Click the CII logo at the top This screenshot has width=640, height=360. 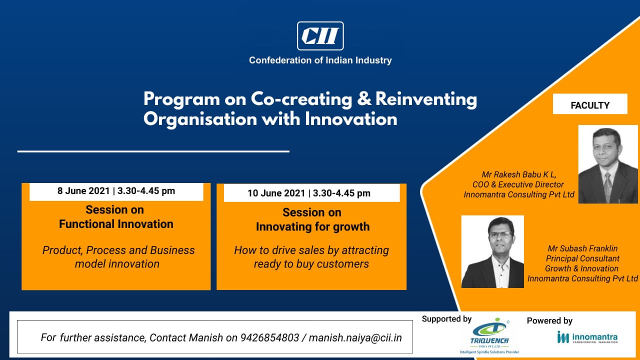click(x=320, y=36)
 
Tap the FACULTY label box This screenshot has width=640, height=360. click(x=590, y=104)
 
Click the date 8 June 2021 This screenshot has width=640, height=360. click(x=83, y=191)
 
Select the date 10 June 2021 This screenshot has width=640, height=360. click(x=276, y=193)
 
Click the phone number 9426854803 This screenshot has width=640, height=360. click(x=269, y=337)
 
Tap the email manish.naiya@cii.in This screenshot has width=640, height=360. click(x=355, y=338)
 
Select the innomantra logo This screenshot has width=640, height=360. click(x=587, y=337)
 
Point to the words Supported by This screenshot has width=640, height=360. click(x=446, y=319)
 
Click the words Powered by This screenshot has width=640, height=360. click(x=549, y=321)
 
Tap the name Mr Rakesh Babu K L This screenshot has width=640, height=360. click(x=519, y=174)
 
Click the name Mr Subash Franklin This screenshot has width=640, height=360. click(x=582, y=248)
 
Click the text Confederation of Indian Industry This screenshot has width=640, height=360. click(x=320, y=60)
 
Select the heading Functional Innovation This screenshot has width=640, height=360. click(x=116, y=224)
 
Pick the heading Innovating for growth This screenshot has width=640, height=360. click(x=312, y=227)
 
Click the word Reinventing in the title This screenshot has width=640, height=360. click(x=426, y=99)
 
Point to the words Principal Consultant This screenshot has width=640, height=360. click(x=582, y=258)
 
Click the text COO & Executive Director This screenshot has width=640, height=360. click(x=518, y=184)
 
